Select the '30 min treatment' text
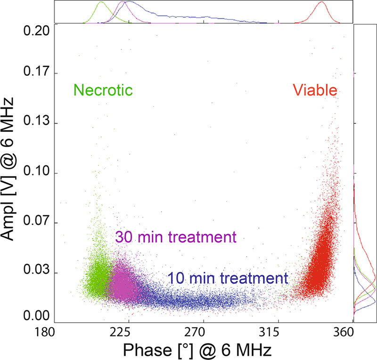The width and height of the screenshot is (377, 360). (x=175, y=237)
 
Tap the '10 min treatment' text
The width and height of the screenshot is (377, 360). (x=228, y=278)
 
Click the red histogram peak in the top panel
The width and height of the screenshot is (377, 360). (x=322, y=2)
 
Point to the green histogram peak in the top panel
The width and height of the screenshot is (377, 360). (x=101, y=2)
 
